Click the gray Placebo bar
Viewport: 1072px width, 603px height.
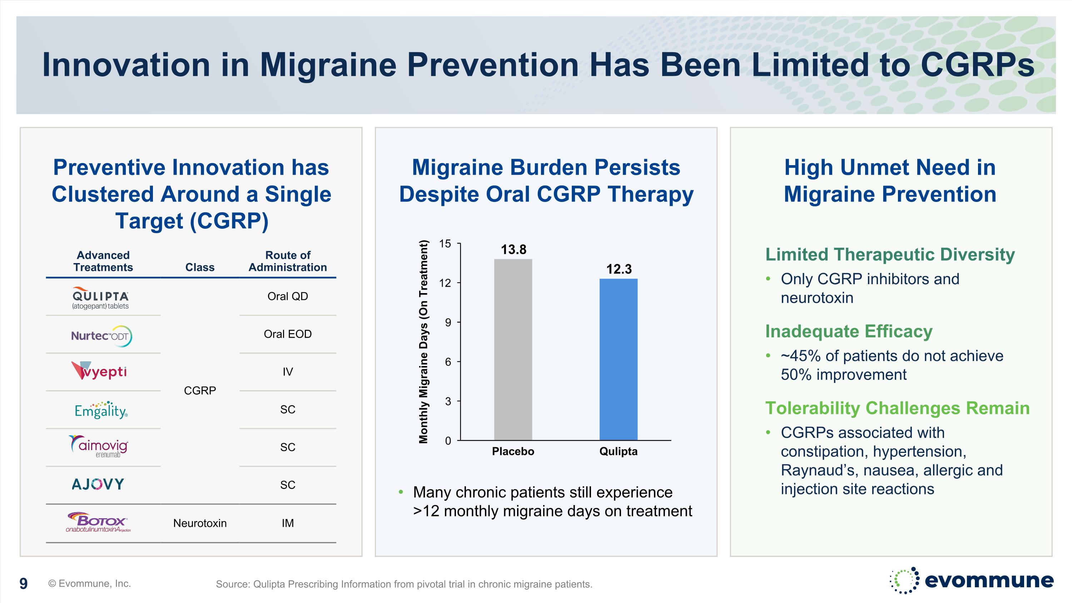pyautogui.click(x=513, y=350)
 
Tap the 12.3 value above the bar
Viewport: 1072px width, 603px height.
pyautogui.click(x=619, y=269)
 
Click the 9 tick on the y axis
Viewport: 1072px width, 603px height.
pyautogui.click(x=448, y=322)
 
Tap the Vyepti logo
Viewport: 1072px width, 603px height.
pyautogui.click(x=99, y=371)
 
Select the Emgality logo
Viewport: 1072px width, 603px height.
pyautogui.click(x=101, y=410)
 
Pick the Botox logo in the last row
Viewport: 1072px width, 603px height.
pyautogui.click(x=98, y=522)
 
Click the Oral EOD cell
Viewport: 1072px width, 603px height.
pyautogui.click(x=288, y=334)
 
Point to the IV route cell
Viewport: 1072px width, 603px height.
pyautogui.click(x=288, y=372)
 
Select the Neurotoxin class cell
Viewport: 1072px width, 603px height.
pyautogui.click(x=200, y=523)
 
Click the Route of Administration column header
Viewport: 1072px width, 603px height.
pyautogui.click(x=288, y=261)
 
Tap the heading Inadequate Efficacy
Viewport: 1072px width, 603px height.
pyautogui.click(x=849, y=331)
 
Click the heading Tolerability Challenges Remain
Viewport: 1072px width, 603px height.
pyautogui.click(x=897, y=408)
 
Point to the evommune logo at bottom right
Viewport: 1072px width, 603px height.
pyautogui.click(x=971, y=580)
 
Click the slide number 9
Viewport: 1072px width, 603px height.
pyautogui.click(x=24, y=583)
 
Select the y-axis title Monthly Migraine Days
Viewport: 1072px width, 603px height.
pyautogui.click(x=423, y=342)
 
